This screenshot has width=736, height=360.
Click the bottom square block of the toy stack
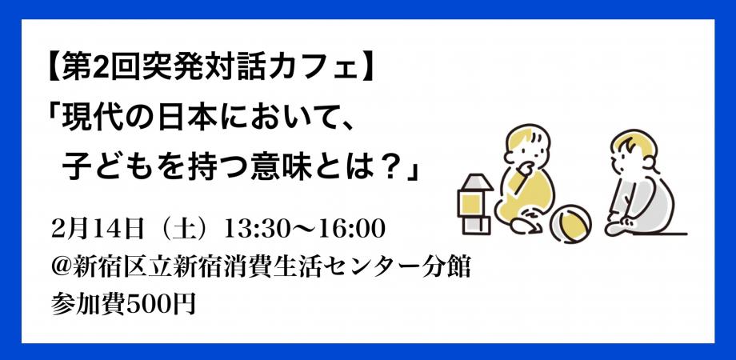(x=474, y=224)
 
